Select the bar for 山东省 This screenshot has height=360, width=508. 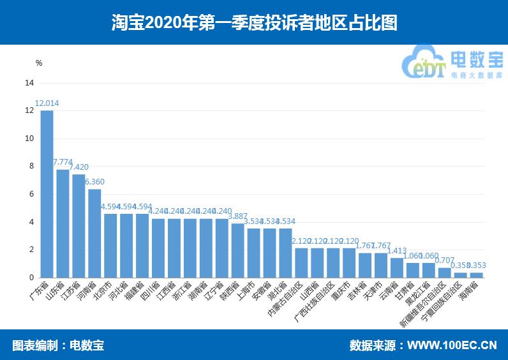coord(63,223)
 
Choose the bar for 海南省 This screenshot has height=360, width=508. coord(476,275)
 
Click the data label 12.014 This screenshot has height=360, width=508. coord(47,103)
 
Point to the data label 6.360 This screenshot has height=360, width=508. coord(94,182)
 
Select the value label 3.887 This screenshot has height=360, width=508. coord(237,216)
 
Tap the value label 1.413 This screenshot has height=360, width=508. coord(397,251)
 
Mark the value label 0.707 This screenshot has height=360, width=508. coord(445,260)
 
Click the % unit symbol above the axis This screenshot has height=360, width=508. coord(38,63)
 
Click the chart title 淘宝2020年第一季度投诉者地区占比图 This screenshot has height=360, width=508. coord(254,23)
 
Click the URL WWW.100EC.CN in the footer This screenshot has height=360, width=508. coord(452,345)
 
